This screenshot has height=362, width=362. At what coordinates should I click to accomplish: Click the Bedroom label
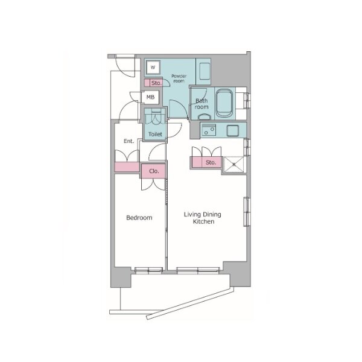139,217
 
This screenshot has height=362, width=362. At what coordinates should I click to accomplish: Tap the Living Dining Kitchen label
203,218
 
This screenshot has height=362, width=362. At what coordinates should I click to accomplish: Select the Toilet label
155,134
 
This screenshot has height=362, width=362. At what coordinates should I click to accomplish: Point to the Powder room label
179,78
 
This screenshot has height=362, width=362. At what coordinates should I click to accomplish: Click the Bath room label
202,104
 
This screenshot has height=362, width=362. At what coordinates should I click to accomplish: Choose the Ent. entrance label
129,141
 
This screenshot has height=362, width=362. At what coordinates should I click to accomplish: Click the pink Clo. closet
154,171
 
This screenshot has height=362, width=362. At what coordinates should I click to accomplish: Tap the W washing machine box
153,67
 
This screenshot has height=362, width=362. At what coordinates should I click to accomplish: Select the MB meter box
150,97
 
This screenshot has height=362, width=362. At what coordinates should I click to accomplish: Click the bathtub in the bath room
224,103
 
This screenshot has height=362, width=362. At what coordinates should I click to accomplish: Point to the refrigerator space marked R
234,164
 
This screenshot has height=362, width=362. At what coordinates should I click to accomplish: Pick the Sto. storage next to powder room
153,83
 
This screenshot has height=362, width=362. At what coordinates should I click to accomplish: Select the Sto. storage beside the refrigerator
206,162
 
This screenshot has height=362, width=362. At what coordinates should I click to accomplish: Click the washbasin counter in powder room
203,72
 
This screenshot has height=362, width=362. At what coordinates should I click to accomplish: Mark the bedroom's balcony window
148,270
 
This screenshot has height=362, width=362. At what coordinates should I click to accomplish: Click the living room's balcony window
198,270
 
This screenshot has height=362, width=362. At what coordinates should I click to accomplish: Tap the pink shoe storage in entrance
127,167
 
